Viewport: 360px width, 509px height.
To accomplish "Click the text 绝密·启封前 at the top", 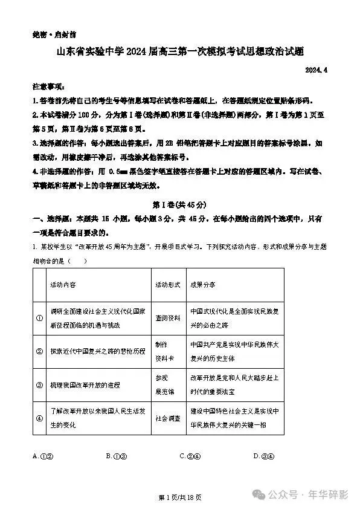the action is click(51, 35).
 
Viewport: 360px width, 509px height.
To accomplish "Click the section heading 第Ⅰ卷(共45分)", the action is click(180, 204).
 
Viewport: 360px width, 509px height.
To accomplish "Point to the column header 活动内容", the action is click(63, 284).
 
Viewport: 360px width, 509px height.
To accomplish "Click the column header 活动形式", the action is click(167, 284).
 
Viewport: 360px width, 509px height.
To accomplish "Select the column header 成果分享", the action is click(202, 284).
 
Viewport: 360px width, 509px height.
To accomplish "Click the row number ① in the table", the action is click(39, 319).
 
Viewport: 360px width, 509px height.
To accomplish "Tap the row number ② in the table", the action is click(39, 351).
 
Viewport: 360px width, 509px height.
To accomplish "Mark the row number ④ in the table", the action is click(39, 417).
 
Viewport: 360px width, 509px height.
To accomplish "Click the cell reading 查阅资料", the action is click(167, 319).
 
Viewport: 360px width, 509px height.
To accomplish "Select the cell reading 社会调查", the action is click(167, 418).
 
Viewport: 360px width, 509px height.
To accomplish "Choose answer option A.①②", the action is click(43, 456).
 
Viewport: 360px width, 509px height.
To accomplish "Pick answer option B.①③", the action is click(117, 456).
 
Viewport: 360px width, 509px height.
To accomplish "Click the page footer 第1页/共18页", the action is click(179, 497).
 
